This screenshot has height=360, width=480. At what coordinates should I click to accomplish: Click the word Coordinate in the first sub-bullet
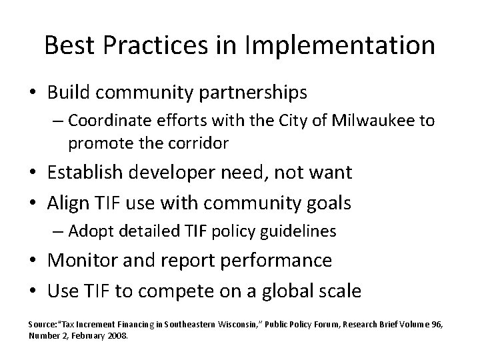[104, 121]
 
